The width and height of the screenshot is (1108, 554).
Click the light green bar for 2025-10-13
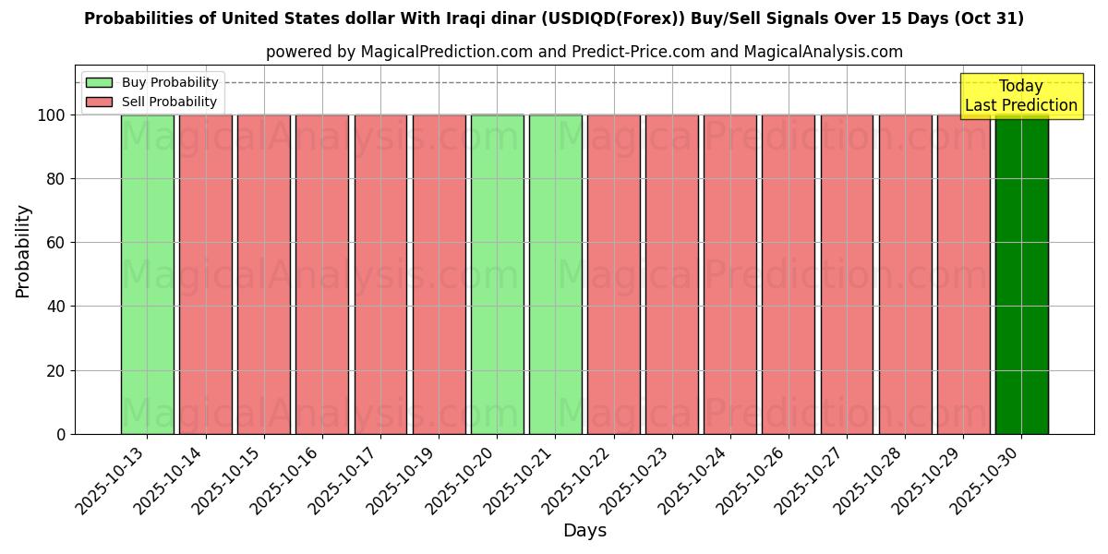tap(147, 274)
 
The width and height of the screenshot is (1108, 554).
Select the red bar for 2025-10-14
tap(205, 274)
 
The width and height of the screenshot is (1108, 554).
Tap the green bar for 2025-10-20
tap(497, 274)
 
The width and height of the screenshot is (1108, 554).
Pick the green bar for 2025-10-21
tap(555, 274)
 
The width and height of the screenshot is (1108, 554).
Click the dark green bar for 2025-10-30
tap(1021, 274)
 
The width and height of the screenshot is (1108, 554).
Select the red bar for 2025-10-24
tap(729, 274)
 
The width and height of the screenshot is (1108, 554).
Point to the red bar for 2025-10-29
tap(963, 274)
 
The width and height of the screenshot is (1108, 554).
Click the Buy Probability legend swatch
tap(99, 83)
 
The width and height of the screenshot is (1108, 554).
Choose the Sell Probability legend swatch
tap(99, 102)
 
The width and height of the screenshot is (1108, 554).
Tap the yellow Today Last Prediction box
tap(1020, 96)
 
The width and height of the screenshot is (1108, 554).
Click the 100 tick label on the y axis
tap(52, 115)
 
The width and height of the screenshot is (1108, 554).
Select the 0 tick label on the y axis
tap(61, 435)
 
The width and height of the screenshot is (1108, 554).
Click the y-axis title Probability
tap(23, 251)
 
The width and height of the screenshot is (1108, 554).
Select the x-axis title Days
tap(584, 531)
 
